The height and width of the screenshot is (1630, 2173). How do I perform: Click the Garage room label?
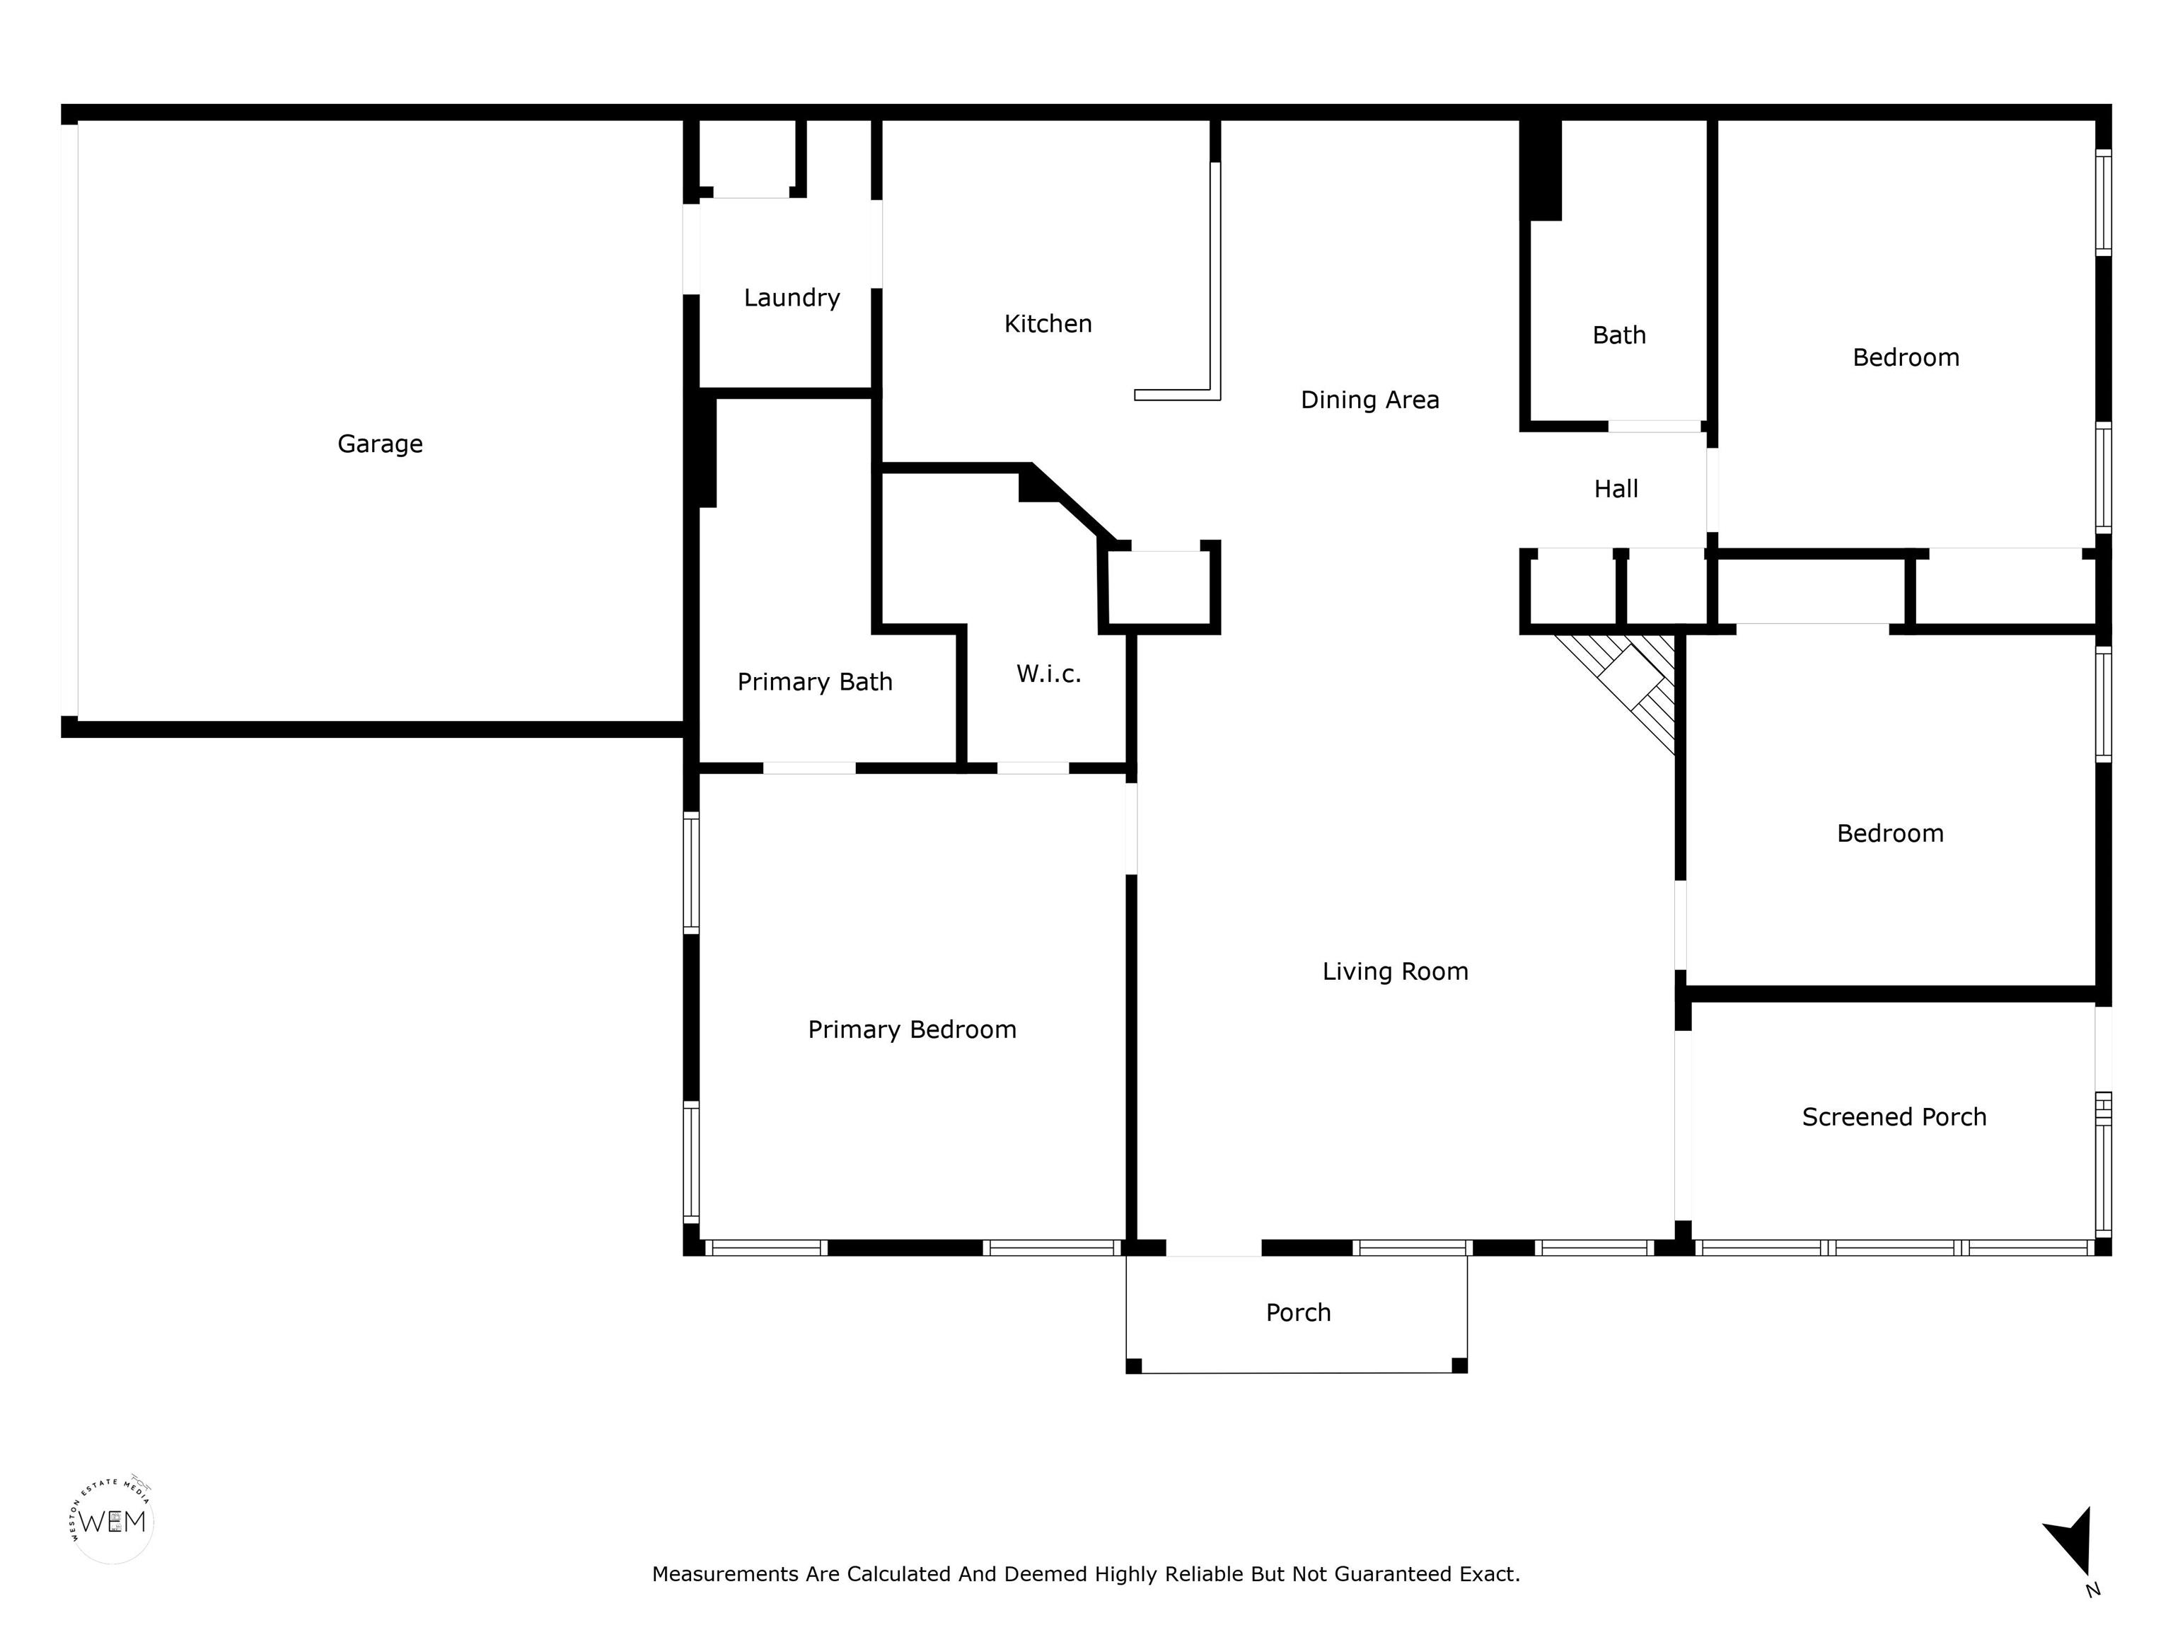pyautogui.click(x=380, y=444)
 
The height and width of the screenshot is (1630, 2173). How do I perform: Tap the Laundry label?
pyautogui.click(x=792, y=298)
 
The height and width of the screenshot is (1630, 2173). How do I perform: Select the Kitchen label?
pyautogui.click(x=1048, y=323)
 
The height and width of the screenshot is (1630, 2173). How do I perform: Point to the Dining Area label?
pyautogui.click(x=1369, y=400)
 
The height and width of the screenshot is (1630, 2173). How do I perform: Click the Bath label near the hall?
pyautogui.click(x=1619, y=335)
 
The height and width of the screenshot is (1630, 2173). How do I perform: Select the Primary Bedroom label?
pyautogui.click(x=912, y=1029)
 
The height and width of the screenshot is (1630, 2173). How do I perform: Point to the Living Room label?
pyautogui.click(x=1395, y=972)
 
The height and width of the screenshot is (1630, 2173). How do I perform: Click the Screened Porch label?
pyautogui.click(x=1894, y=1117)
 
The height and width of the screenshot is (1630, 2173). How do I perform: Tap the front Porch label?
pyautogui.click(x=1298, y=1312)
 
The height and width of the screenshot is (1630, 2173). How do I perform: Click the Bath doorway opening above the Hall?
pyautogui.click(x=1655, y=427)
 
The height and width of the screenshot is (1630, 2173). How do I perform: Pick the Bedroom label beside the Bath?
pyautogui.click(x=1906, y=358)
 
